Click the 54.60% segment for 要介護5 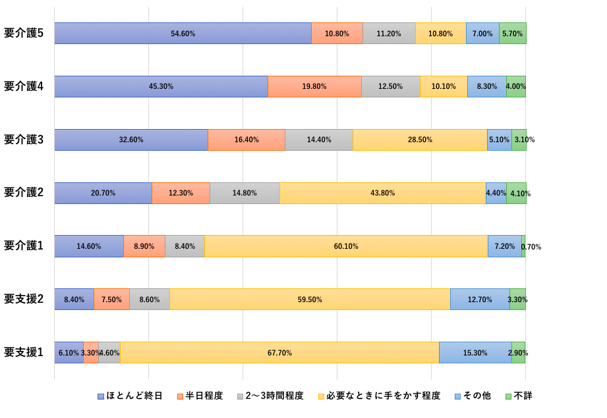click(183, 34)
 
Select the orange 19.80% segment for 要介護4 click(314, 87)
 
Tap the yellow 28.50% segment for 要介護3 click(420, 140)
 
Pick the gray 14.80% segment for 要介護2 click(245, 193)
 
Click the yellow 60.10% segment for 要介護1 click(346, 246)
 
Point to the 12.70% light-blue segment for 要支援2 click(480, 300)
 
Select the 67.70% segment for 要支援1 click(279, 353)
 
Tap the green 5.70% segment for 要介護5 click(512, 34)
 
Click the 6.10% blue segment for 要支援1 click(69, 353)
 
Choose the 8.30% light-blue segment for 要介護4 click(486, 87)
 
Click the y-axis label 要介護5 click(24, 33)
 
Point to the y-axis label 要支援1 click(24, 352)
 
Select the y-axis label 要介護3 click(24, 140)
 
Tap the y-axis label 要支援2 click(24, 299)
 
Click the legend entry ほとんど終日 click(134, 396)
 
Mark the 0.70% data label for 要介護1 click(531, 247)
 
